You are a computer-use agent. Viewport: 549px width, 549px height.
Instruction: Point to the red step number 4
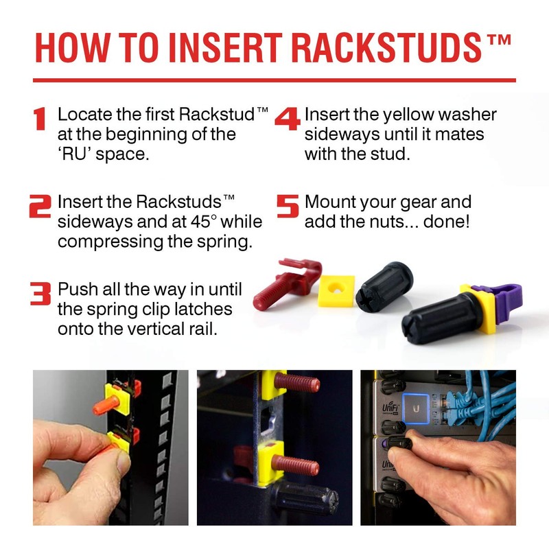pos(288,118)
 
